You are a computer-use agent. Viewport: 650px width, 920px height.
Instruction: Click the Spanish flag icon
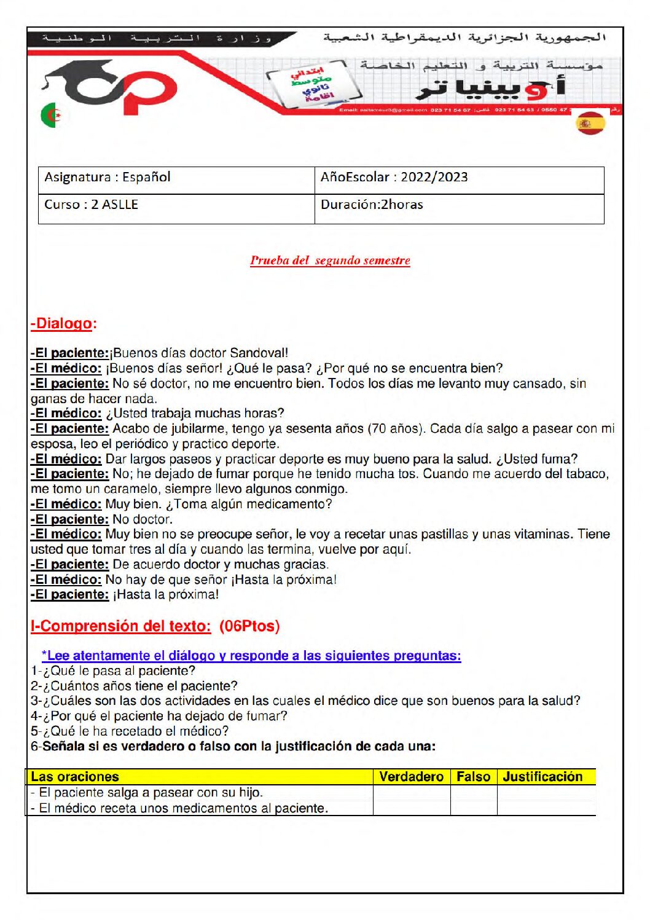click(x=590, y=123)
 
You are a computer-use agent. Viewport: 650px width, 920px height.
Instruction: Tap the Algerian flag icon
click(x=52, y=115)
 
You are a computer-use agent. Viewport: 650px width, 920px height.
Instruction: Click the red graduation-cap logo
click(x=111, y=88)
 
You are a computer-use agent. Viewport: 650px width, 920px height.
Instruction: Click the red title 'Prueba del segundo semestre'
click(x=330, y=261)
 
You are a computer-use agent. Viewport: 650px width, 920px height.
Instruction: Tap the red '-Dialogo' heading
click(x=63, y=324)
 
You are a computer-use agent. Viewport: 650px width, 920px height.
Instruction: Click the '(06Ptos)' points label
click(x=249, y=626)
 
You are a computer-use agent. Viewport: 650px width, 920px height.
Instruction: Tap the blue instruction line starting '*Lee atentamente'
click(x=251, y=656)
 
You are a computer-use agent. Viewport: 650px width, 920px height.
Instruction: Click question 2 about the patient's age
click(x=134, y=686)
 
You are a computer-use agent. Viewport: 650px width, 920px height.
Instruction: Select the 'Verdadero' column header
click(x=411, y=777)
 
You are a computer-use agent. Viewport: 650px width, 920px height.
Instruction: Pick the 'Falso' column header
click(x=473, y=777)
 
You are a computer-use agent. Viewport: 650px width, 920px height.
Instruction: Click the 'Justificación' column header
click(x=542, y=777)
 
